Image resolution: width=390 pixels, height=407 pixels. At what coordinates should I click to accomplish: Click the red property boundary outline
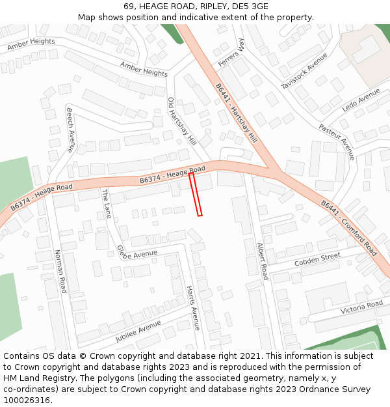click(196, 194)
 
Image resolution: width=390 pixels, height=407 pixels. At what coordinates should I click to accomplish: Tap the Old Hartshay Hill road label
click(181, 121)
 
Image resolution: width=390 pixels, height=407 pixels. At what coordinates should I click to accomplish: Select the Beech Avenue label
click(71, 130)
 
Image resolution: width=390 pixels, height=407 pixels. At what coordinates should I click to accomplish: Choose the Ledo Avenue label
click(361, 100)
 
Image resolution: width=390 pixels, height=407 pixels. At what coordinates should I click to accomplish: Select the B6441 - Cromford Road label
click(348, 227)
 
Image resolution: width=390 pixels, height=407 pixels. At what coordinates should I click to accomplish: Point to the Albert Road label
click(262, 261)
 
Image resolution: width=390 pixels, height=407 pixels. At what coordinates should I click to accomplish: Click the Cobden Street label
click(317, 259)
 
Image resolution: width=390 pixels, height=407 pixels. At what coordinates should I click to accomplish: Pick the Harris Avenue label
click(193, 307)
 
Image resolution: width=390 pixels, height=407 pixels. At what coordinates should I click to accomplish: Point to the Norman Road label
click(60, 271)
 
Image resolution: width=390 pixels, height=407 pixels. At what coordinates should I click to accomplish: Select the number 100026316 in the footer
click(26, 400)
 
